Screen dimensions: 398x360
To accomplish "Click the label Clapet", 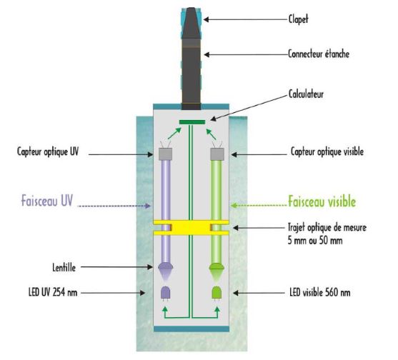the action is (x=298, y=19).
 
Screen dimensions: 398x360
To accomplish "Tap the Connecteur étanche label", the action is (x=319, y=54).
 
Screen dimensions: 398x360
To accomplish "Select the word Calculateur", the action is (x=306, y=94).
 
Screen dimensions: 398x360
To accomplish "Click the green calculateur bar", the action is (x=192, y=122).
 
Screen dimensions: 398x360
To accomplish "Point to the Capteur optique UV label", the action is (x=48, y=151).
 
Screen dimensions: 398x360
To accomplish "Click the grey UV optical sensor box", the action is (x=166, y=154).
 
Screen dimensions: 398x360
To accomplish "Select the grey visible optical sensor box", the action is (x=217, y=154).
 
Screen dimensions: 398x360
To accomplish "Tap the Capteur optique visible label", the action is (x=327, y=151).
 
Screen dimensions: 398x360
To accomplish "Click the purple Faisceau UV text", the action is (x=47, y=201).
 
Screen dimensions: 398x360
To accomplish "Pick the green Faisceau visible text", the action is (x=322, y=201).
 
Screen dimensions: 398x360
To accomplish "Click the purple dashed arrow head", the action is (x=148, y=206).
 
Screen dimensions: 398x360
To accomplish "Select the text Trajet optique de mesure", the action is (x=327, y=227).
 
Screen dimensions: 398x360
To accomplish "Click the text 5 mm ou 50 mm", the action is (x=315, y=240).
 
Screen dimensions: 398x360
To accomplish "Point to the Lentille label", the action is (x=64, y=267).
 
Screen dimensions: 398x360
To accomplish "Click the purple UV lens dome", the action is (x=166, y=266).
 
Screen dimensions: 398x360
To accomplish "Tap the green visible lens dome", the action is (x=217, y=266).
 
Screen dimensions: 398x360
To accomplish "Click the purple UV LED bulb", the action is (x=166, y=293).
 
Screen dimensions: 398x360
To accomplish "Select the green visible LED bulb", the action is (x=217, y=293).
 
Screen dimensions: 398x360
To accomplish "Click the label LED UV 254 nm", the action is (x=53, y=293).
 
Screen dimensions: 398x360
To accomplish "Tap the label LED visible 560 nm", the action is (x=320, y=293).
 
